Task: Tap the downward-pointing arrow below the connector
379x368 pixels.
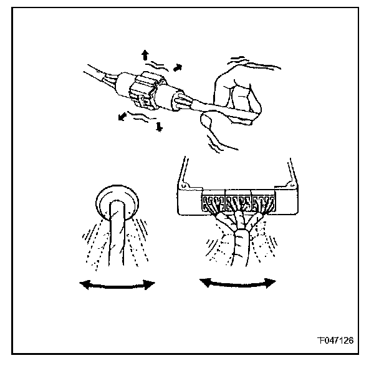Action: click(159, 127)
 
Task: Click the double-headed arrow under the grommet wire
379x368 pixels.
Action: click(117, 284)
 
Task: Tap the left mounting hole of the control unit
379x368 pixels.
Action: click(185, 186)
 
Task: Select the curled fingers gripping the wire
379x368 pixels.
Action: click(240, 94)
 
